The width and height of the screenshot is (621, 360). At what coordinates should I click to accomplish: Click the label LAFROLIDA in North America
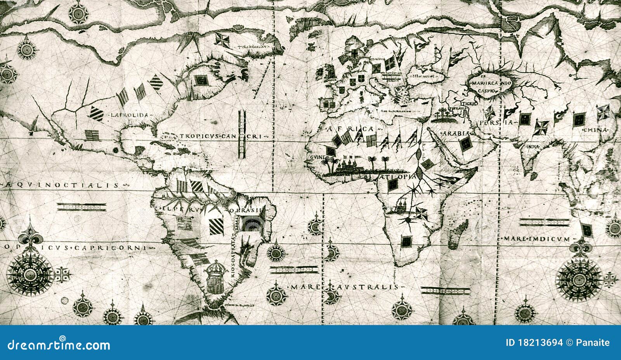point(130,115)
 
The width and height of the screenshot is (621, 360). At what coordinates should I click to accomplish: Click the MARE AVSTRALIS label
point(344,287)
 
